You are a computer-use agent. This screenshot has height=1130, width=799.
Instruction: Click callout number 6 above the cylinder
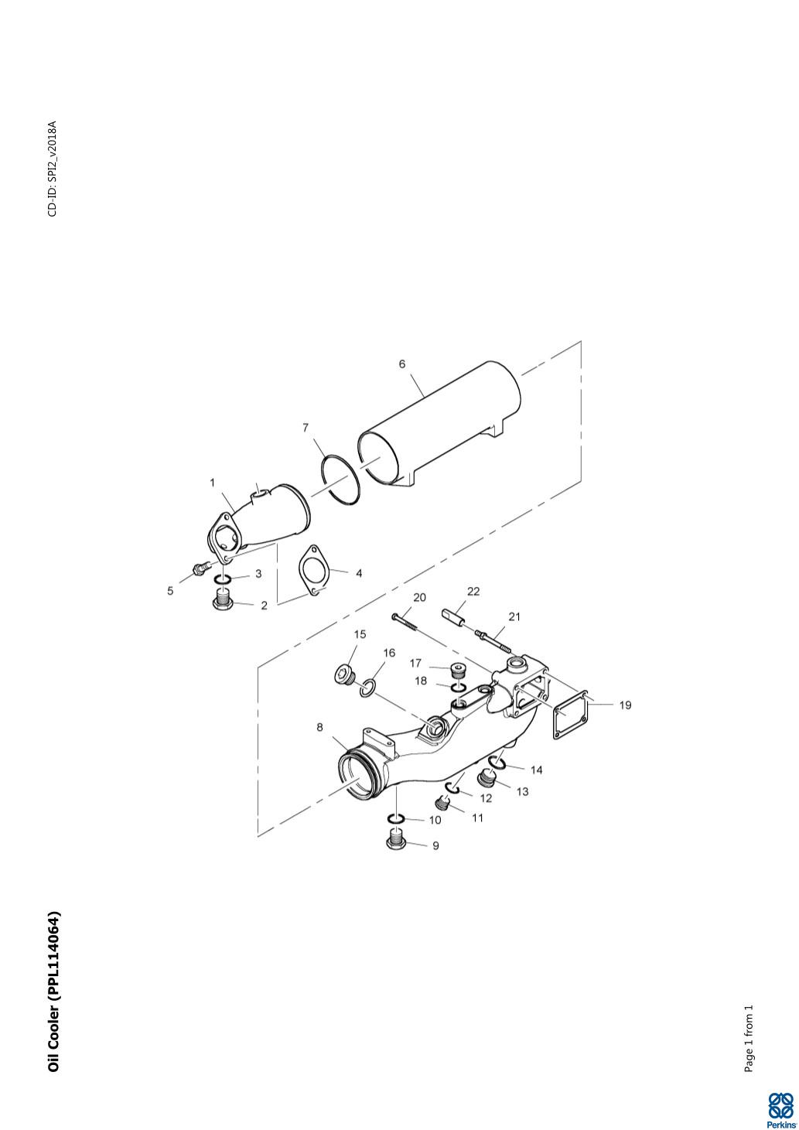(402, 364)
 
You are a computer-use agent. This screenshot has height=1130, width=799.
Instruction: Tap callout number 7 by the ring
(306, 428)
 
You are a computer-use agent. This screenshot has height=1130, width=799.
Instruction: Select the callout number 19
(625, 705)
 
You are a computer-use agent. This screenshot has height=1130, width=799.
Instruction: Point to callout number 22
(473, 591)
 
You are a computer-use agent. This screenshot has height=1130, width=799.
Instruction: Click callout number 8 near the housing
(319, 727)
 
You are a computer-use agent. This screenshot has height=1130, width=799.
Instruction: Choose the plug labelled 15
(346, 674)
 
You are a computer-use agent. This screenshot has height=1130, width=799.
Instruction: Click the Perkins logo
(780, 1109)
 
